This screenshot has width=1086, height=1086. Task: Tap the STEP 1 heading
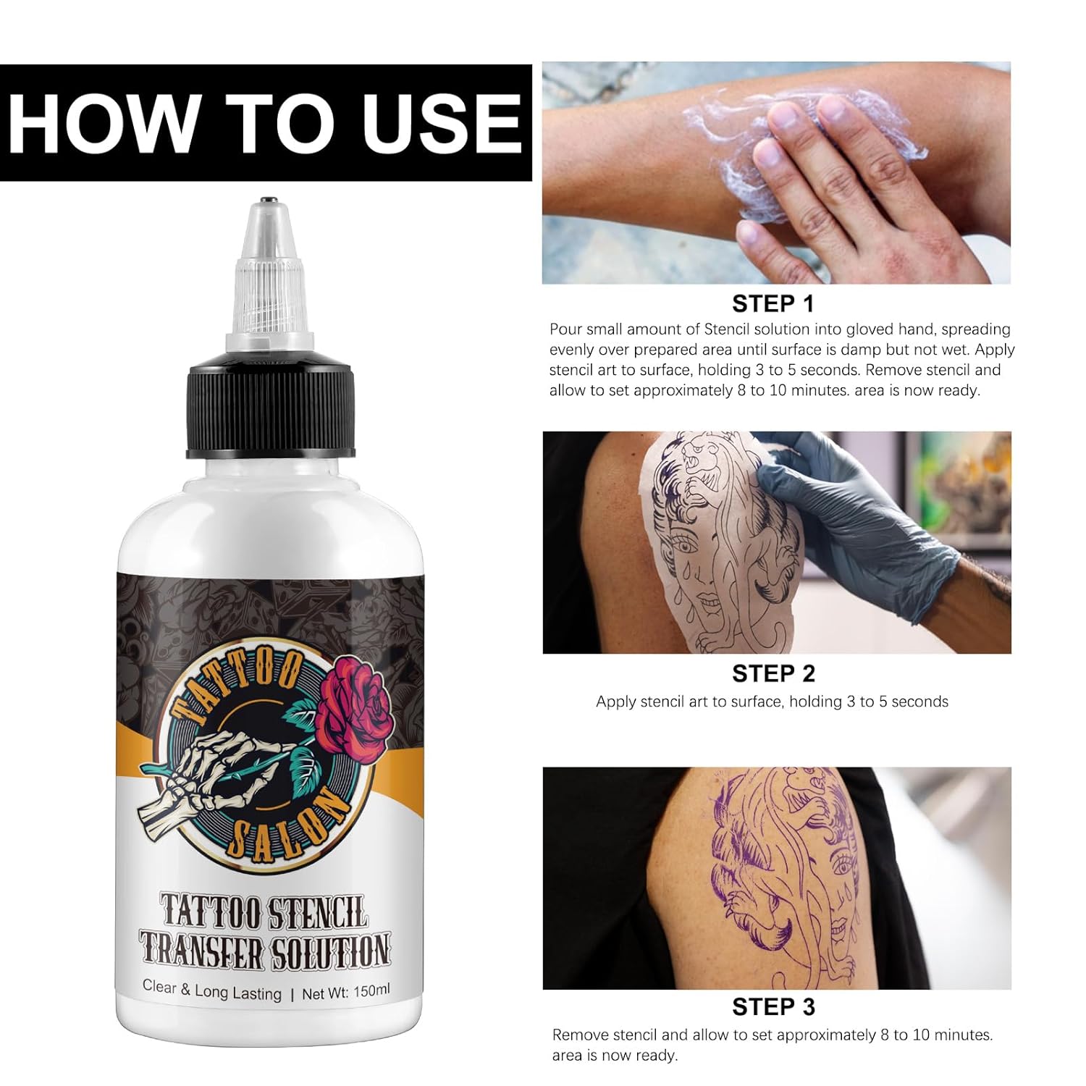pyautogui.click(x=773, y=303)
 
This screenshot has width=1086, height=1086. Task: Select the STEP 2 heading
pyautogui.click(x=773, y=673)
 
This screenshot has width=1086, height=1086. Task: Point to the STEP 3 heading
pyautogui.click(x=773, y=1007)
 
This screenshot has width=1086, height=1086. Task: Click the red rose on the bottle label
pyautogui.click(x=353, y=706)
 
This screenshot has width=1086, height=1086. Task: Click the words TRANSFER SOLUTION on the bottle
pyautogui.click(x=265, y=951)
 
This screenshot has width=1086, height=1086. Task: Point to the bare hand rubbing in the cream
pyautogui.click(x=862, y=181)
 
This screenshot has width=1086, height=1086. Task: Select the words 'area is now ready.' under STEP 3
pyautogui.click(x=615, y=1056)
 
